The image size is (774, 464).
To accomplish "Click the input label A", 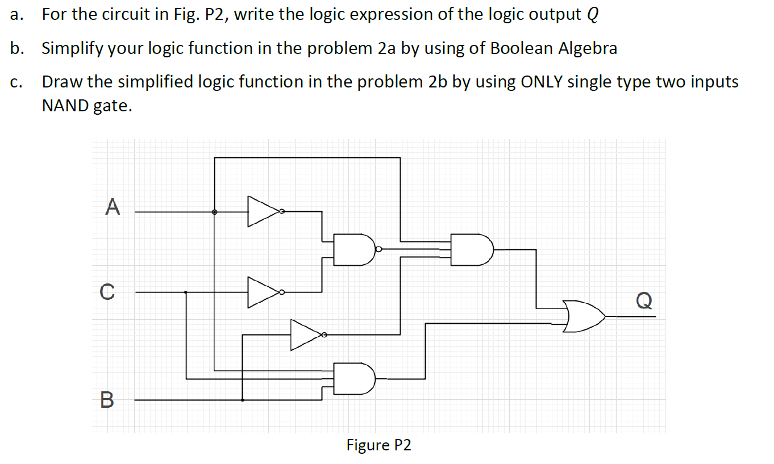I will [x=113, y=206].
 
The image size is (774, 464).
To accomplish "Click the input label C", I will [x=106, y=292].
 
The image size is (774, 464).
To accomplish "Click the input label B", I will [x=107, y=400].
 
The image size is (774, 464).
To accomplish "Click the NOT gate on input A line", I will [x=264, y=212].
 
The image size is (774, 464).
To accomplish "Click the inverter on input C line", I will [x=264, y=292].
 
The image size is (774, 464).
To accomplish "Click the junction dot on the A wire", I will [x=214, y=212].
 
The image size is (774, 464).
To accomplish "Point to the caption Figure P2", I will [x=378, y=445].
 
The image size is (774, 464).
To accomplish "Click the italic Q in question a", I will [x=592, y=15].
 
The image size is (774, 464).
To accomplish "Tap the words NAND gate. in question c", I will [x=87, y=106].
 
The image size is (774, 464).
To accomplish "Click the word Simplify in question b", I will [x=72, y=48].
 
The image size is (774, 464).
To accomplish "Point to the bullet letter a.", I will [x=15, y=15].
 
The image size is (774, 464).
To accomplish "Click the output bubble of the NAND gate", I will [x=378, y=249].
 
